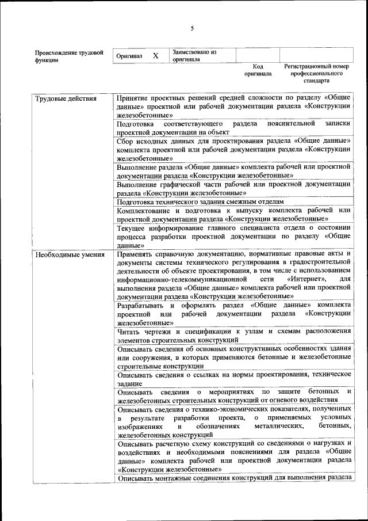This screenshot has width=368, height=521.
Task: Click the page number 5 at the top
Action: point(192,28)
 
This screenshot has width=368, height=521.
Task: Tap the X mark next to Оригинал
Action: point(155,56)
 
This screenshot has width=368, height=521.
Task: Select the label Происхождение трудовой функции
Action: point(69,56)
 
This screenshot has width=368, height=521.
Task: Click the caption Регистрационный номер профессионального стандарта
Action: point(317,74)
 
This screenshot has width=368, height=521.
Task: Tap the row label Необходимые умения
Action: point(70,254)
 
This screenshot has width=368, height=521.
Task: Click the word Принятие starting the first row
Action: point(133,98)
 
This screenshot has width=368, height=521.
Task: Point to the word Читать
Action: point(129,331)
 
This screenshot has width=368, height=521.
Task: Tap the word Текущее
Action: point(131,228)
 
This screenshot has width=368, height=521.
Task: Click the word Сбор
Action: point(125,140)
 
